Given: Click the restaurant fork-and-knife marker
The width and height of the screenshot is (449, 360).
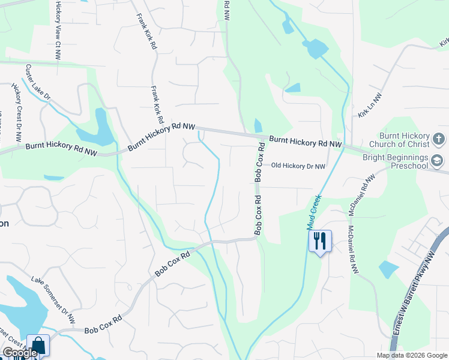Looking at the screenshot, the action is coord(320,241).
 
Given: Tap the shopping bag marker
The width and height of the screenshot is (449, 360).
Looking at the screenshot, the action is coord(38,345).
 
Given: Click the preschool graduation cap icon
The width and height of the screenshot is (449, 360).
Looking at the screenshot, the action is coord(438,161).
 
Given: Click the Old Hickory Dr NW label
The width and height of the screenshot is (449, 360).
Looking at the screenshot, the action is coord(298,166).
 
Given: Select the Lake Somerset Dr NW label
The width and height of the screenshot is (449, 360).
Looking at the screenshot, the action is coord(54,298).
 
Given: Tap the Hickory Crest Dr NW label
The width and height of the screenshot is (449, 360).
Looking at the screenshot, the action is coord(17,112).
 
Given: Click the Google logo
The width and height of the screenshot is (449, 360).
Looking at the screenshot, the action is coord(20,353).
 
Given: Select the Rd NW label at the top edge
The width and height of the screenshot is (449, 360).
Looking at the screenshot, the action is coord(226,11).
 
